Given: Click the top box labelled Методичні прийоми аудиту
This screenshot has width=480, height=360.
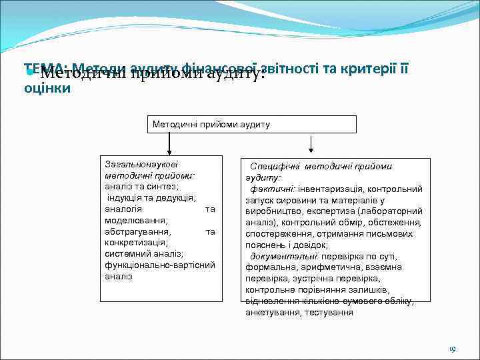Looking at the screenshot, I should pos(251,125).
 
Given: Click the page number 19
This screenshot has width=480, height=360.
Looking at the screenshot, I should pos(451,349).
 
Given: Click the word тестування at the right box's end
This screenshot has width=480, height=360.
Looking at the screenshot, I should pos(329,312).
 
